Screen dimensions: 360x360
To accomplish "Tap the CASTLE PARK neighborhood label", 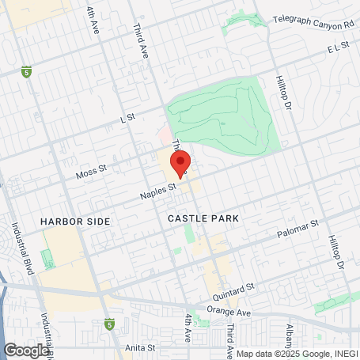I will coord(203,217).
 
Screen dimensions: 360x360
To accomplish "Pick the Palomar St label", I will coord(297,227).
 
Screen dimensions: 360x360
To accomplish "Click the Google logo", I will coord(26,350).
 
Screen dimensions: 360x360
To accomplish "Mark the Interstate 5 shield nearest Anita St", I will coord(109,324).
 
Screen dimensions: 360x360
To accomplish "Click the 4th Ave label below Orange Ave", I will coord(188,331).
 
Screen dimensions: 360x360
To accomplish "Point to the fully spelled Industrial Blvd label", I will coord(19,238).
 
